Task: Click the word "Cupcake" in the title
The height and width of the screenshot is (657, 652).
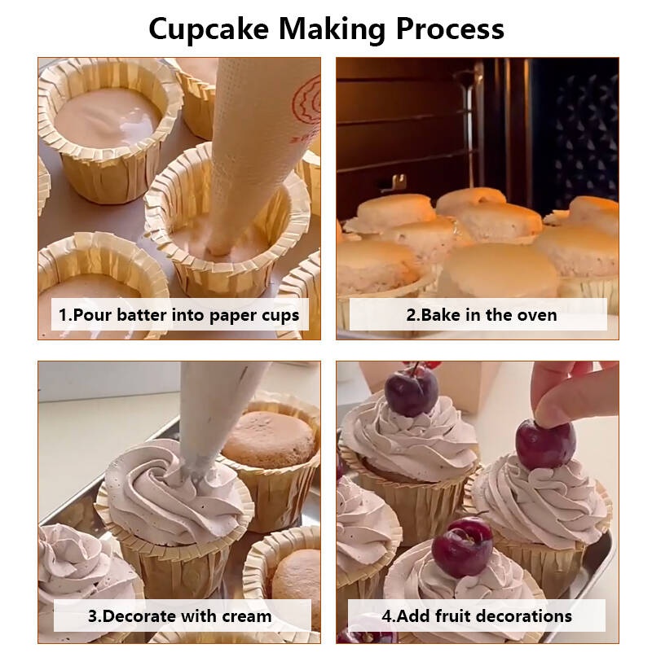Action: click(209, 29)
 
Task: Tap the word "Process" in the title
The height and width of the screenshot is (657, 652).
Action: click(450, 28)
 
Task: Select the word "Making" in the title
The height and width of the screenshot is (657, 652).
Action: click(332, 30)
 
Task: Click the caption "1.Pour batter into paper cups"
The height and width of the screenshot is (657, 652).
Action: click(178, 315)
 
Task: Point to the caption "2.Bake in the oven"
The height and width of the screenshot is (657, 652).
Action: click(482, 315)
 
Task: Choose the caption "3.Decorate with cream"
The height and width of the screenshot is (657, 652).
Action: click(179, 616)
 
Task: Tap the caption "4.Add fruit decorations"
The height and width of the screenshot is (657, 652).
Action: click(477, 616)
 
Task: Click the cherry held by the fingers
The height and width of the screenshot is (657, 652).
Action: click(545, 445)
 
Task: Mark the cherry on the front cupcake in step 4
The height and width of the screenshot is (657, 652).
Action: click(462, 547)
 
